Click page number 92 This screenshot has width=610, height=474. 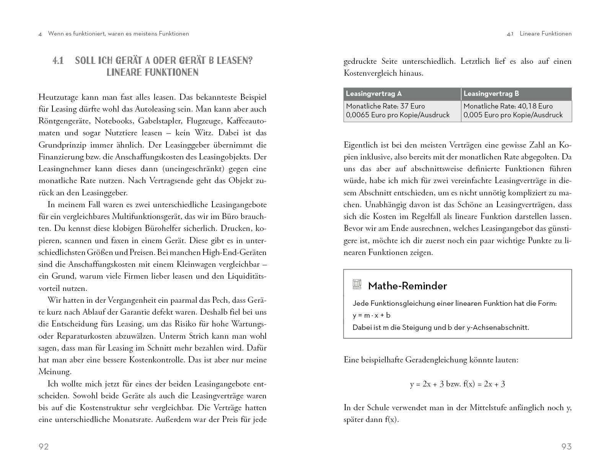coord(44,446)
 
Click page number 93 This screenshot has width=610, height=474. coord(566,446)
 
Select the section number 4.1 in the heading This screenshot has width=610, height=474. coord(58,61)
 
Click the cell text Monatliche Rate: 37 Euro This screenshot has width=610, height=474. coord(385,106)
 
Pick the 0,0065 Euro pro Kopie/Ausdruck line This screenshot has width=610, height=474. coord(398,115)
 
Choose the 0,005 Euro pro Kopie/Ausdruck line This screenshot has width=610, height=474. coord(513,115)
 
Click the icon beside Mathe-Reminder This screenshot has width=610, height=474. coord(357,284)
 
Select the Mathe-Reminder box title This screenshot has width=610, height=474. coord(407,286)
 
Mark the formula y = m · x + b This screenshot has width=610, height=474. coord(371,315)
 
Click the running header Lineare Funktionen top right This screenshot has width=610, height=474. coord(545,34)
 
